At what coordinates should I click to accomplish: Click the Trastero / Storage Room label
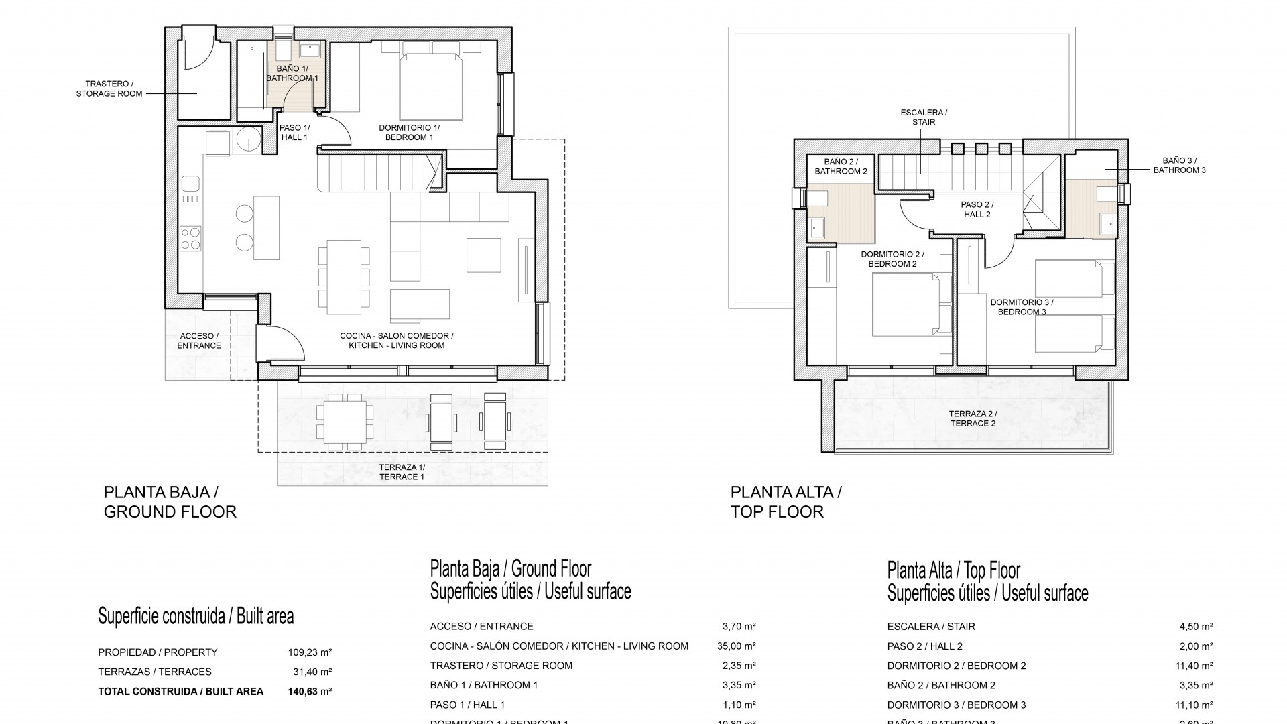[x=114, y=88]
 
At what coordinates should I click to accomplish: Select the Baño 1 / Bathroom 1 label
[x=292, y=74]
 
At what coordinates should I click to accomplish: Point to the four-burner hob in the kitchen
[x=191, y=238]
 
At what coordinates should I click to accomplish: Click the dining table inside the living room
[x=343, y=277]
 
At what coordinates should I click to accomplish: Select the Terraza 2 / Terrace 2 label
[x=973, y=418]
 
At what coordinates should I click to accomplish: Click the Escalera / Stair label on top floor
[x=923, y=117]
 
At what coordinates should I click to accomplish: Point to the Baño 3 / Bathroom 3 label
[x=1179, y=165]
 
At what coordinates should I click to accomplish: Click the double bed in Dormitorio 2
[x=905, y=307]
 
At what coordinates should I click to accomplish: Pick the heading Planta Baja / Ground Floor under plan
[x=170, y=501]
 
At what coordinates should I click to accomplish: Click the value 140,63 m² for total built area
[x=309, y=691]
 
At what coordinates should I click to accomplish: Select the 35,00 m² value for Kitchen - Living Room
[x=736, y=646]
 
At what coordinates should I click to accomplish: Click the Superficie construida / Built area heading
[x=196, y=616]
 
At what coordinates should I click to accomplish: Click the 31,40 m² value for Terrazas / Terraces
[x=309, y=672]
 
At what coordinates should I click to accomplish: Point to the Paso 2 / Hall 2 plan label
[x=977, y=209]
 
